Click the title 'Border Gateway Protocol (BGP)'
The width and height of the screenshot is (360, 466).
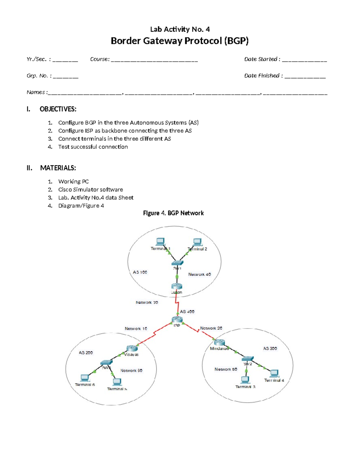179,41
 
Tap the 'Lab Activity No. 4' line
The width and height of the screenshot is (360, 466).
180,29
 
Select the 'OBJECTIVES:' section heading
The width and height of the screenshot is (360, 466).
58,109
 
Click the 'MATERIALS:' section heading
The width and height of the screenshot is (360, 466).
58,168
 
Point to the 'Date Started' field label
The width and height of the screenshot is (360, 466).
262,59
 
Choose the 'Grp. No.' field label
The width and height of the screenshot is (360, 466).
39,76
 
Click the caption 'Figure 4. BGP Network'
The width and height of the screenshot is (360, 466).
173,213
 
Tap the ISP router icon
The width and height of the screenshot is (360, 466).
177,319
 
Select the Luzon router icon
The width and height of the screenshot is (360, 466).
177,286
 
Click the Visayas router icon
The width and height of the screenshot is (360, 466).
132,348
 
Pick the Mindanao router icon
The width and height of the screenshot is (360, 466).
219,342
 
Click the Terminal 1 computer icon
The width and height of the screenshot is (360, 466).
160,242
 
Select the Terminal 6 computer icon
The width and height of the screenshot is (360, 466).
85,378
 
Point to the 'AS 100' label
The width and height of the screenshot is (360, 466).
140,272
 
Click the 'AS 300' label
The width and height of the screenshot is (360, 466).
270,348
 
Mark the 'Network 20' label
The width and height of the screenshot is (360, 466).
211,328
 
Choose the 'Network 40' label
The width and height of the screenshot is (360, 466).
199,274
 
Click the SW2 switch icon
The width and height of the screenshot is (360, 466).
247,359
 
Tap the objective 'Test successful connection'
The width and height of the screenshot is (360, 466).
93,147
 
